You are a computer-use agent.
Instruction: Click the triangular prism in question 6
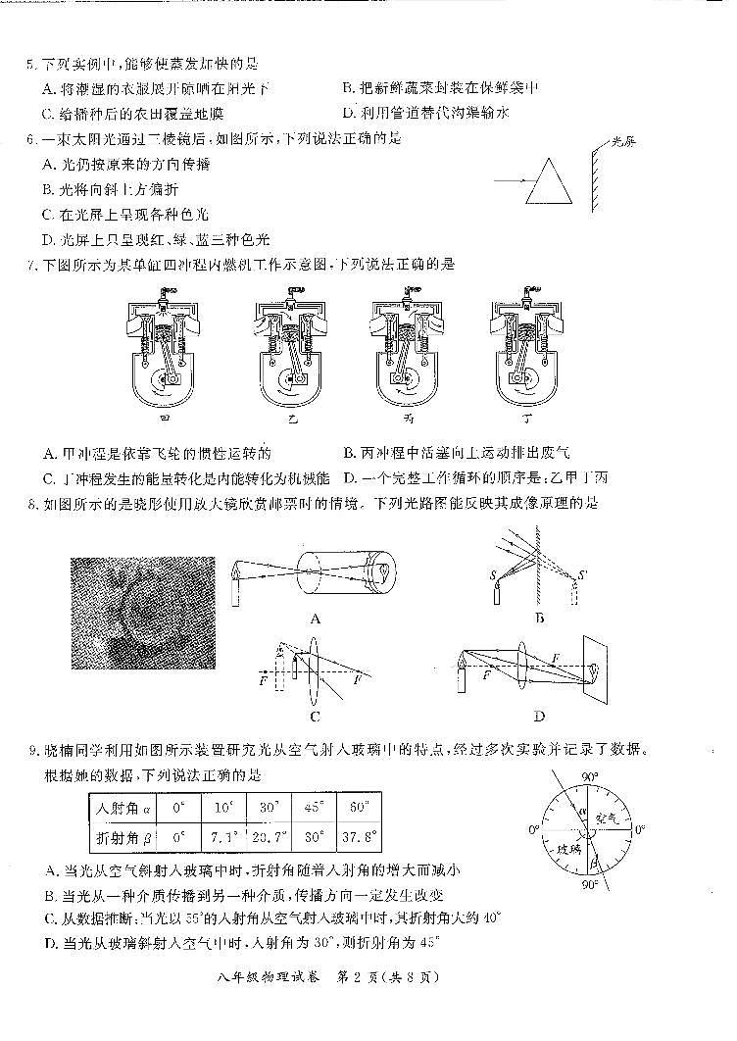(x=547, y=183)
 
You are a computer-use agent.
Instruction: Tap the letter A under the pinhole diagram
(x=315, y=618)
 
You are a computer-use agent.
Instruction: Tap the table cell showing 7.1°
(x=223, y=838)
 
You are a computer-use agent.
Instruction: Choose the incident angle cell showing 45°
(x=314, y=809)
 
